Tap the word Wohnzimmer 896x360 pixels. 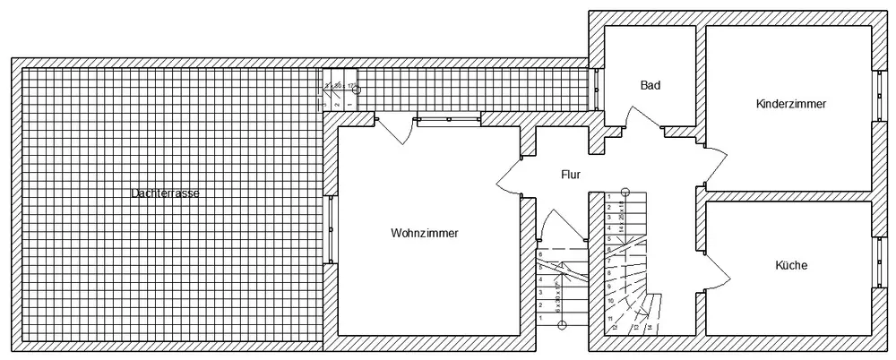(425, 234)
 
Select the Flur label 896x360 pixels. (571, 176)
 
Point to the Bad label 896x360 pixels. (650, 86)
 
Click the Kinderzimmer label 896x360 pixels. (790, 104)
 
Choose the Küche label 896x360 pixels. (791, 266)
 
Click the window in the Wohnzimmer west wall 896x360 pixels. (331, 227)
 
